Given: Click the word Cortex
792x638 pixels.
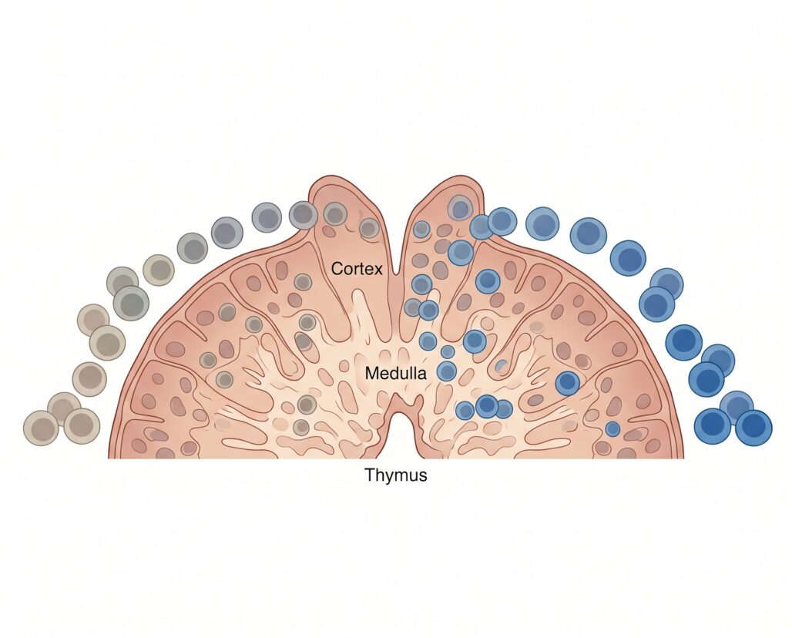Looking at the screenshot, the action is click(357, 268).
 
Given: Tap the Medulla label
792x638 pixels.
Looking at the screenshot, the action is click(395, 373).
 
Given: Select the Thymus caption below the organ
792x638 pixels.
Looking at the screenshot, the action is click(395, 475).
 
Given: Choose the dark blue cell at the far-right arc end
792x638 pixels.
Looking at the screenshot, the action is click(753, 428).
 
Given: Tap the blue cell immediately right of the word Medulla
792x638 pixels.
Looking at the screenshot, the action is click(447, 371).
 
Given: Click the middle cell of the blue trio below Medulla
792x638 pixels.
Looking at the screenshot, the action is click(487, 405).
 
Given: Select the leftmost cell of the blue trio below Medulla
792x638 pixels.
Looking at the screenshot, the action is click(465, 410).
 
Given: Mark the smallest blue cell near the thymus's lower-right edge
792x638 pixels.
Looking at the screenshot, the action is click(612, 429).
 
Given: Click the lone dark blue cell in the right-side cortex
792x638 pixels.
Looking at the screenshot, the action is click(568, 382).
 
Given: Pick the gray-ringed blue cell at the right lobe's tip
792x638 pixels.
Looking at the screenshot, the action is click(460, 208).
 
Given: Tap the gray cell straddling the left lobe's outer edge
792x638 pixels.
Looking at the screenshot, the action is click(303, 215).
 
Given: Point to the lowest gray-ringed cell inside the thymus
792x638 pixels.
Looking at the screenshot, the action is click(301, 428).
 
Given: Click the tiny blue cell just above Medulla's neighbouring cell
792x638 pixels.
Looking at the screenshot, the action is click(448, 351).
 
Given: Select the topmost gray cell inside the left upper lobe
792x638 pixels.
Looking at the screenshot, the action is click(334, 213).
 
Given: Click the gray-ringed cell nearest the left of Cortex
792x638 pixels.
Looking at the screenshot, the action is click(303, 282).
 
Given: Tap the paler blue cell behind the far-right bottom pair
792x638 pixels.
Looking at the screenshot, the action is click(737, 405).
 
